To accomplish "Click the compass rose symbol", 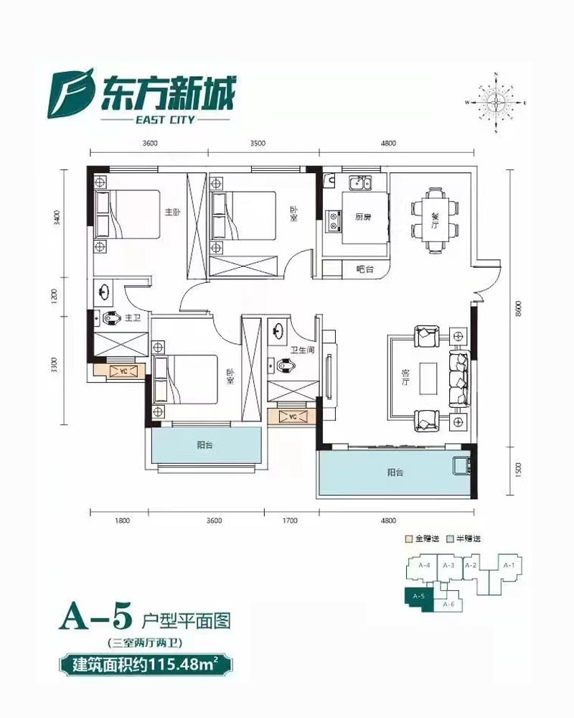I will (496, 103).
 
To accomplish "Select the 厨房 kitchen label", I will (362, 219).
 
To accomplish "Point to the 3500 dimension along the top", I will (258, 144).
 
